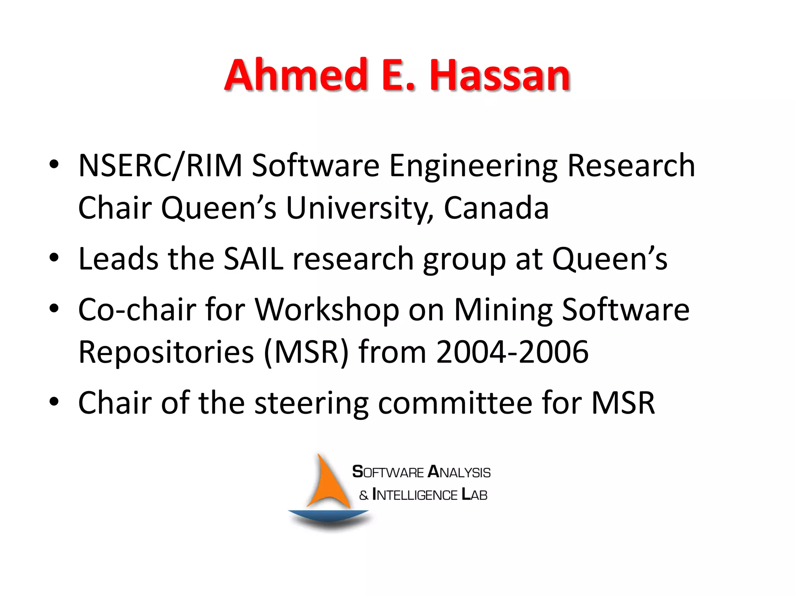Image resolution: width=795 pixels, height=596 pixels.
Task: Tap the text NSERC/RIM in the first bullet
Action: point(160,166)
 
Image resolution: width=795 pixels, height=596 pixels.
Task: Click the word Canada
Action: point(496,208)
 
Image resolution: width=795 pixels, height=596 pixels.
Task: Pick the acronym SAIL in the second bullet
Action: point(253,259)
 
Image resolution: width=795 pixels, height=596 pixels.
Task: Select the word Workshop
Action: point(327,310)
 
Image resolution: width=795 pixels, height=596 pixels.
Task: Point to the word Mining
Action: point(503,310)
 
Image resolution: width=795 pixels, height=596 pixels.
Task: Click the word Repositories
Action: point(166,352)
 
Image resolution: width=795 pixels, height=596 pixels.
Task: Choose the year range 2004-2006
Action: point(512,352)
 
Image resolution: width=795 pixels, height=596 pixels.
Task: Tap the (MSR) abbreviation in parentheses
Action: point(306,352)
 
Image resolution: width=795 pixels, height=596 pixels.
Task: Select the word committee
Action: point(455,403)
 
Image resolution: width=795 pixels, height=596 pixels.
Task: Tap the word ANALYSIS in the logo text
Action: point(459,472)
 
